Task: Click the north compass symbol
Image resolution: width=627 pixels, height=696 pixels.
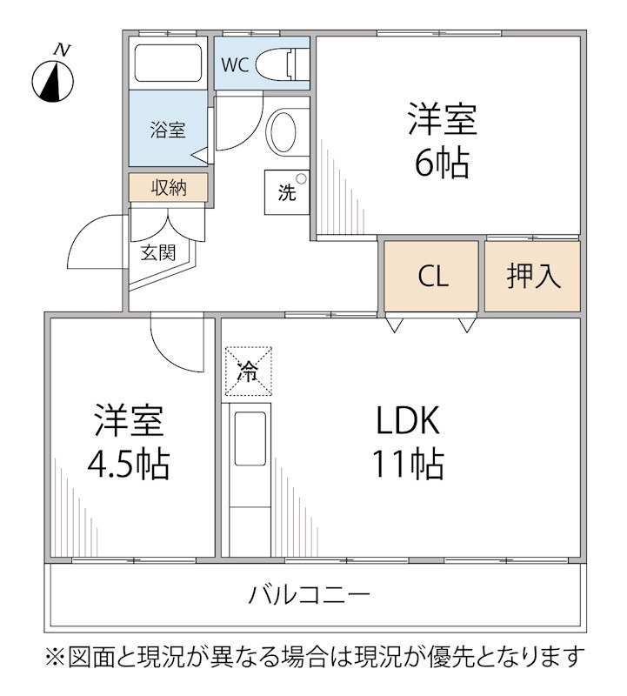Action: point(53,79)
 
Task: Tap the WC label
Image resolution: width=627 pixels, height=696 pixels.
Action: point(234,64)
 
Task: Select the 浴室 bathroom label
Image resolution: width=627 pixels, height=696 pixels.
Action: point(167,130)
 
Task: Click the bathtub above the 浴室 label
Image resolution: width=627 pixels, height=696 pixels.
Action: point(168,63)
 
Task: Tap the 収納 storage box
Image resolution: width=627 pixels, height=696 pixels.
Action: point(169,187)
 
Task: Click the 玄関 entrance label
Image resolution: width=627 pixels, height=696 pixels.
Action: point(158,253)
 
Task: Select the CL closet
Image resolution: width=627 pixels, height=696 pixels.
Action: point(432,277)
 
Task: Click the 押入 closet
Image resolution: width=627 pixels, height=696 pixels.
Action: point(532,277)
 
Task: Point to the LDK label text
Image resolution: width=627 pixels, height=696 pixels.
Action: point(409,422)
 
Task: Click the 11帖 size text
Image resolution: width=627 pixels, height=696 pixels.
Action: point(409,464)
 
